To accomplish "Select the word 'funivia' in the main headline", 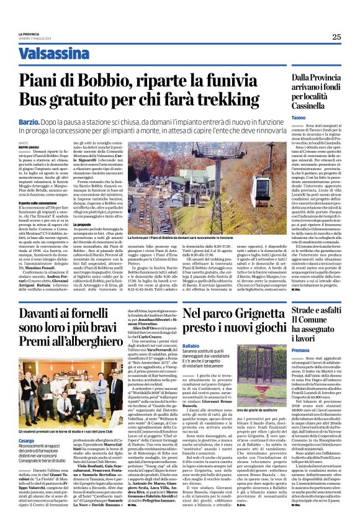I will click(231, 81).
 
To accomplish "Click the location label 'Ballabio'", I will click(192, 345).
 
